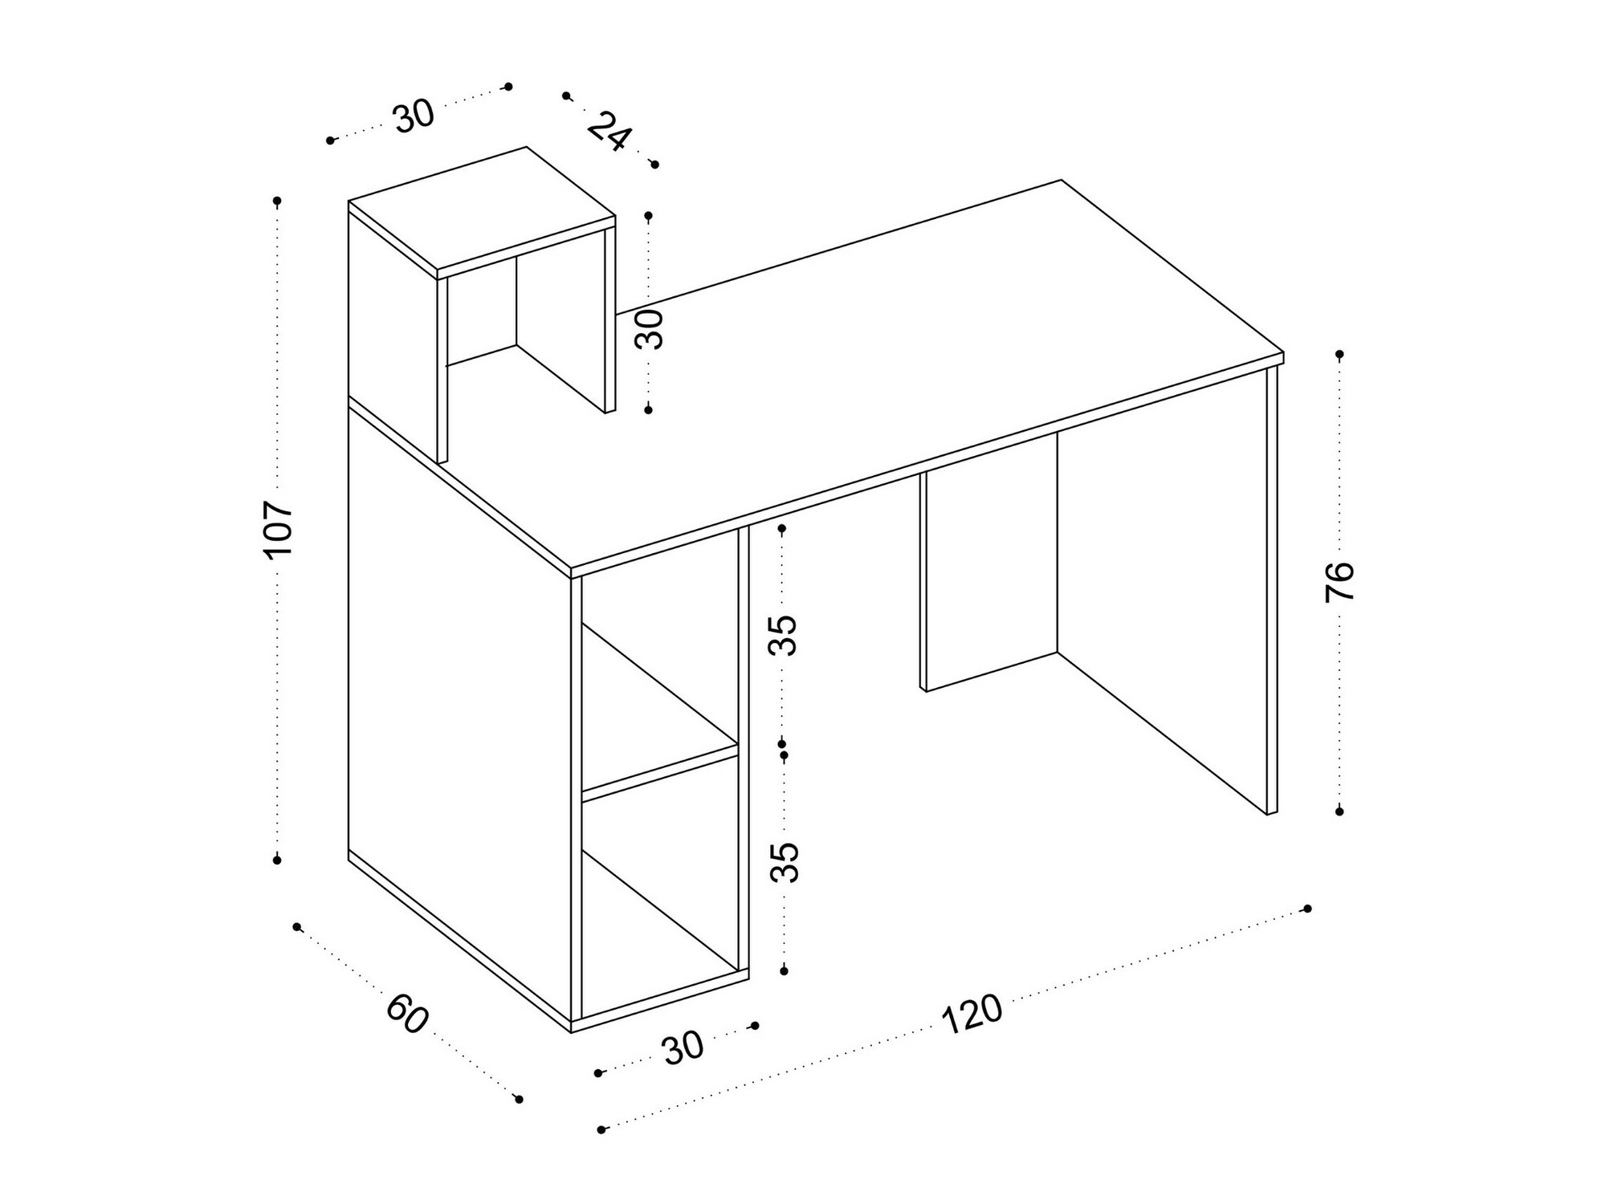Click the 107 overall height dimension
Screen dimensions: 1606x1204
(x=278, y=530)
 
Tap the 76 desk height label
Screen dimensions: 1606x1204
(x=1339, y=582)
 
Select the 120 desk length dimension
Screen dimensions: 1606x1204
(x=972, y=1015)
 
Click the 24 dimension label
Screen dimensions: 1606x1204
(x=609, y=132)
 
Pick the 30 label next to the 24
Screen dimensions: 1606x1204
(x=414, y=116)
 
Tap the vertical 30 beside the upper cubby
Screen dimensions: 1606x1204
(x=650, y=329)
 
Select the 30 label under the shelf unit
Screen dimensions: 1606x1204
(x=683, y=1047)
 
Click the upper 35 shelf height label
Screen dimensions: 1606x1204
(x=783, y=635)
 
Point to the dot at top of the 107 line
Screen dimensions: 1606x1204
(x=278, y=200)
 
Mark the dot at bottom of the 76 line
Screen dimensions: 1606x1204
(x=1339, y=811)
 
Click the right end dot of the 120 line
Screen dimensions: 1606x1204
(x=1307, y=909)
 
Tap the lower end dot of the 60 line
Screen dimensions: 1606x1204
(x=519, y=1099)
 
